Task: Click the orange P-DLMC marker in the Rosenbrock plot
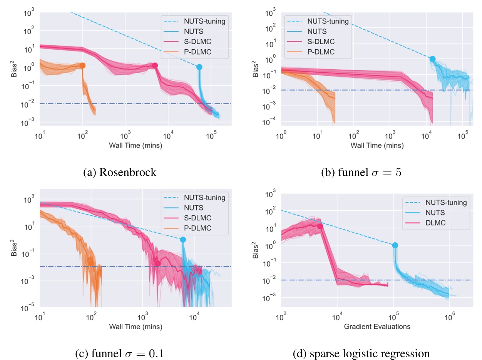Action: (x=82, y=66)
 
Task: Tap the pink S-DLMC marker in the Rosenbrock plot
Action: (x=155, y=66)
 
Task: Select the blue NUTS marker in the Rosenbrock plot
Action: (x=199, y=67)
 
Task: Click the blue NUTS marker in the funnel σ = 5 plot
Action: (x=432, y=59)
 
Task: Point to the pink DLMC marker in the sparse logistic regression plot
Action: (x=320, y=226)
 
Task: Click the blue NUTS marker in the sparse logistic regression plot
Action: (x=395, y=245)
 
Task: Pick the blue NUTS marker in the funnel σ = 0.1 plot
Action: (x=183, y=240)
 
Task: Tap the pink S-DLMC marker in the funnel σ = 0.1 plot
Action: (x=157, y=263)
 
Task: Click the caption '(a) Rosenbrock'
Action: (x=120, y=172)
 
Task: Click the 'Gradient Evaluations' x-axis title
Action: (x=377, y=327)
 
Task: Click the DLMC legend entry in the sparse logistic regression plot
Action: (x=435, y=222)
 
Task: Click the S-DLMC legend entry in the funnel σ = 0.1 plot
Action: (x=198, y=218)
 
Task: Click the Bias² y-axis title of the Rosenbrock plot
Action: (x=15, y=68)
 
